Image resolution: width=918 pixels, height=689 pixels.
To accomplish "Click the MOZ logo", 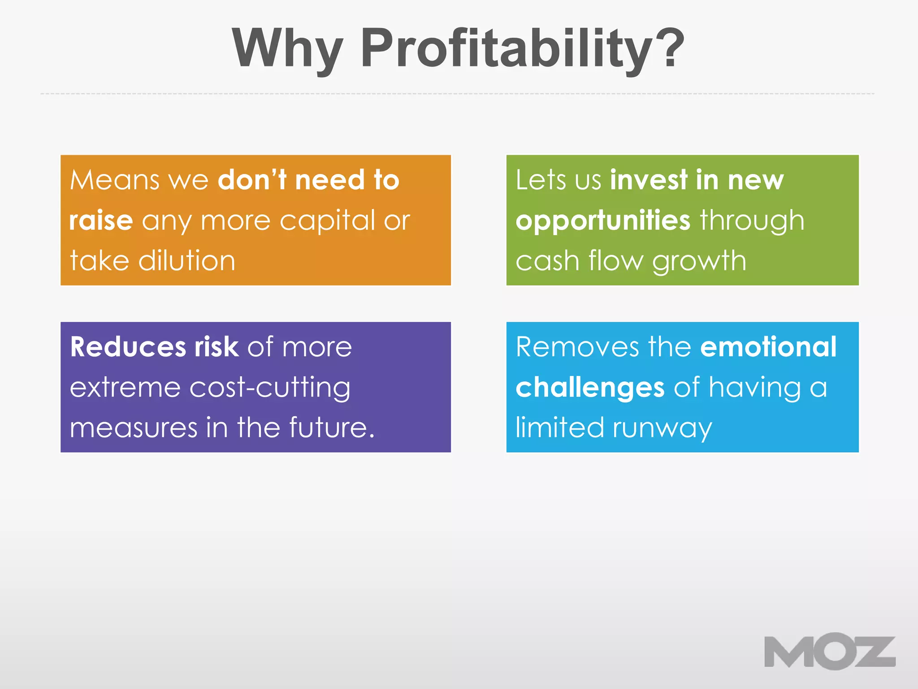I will pyautogui.click(x=830, y=651).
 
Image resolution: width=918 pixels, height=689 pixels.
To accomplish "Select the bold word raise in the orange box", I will pyautogui.click(x=101, y=220).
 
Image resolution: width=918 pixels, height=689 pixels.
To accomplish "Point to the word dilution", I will pyautogui.click(x=187, y=261).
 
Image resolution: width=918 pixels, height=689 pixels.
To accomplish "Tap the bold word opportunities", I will pyautogui.click(x=603, y=220).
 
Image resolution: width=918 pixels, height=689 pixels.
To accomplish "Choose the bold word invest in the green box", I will pyautogui.click(x=649, y=180).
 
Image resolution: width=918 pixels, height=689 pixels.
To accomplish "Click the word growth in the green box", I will pyautogui.click(x=699, y=262).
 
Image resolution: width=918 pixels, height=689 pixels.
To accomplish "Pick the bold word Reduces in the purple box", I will pyautogui.click(x=128, y=347).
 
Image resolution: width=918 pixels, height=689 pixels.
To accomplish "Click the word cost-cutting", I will pyautogui.click(x=270, y=388).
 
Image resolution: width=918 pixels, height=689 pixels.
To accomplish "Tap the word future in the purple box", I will pyautogui.click(x=328, y=427).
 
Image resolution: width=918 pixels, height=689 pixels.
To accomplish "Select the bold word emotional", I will pyautogui.click(x=768, y=347).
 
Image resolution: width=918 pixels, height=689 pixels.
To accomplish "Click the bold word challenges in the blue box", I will pyautogui.click(x=590, y=388).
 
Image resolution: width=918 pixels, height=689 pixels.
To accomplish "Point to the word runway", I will pyautogui.click(x=662, y=428).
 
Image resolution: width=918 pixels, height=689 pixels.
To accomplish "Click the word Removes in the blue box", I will pyautogui.click(x=577, y=347).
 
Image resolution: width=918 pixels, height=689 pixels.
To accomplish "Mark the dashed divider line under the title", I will pyautogui.click(x=457, y=94).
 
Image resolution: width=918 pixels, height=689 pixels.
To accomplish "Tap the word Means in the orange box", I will pyautogui.click(x=115, y=180).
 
